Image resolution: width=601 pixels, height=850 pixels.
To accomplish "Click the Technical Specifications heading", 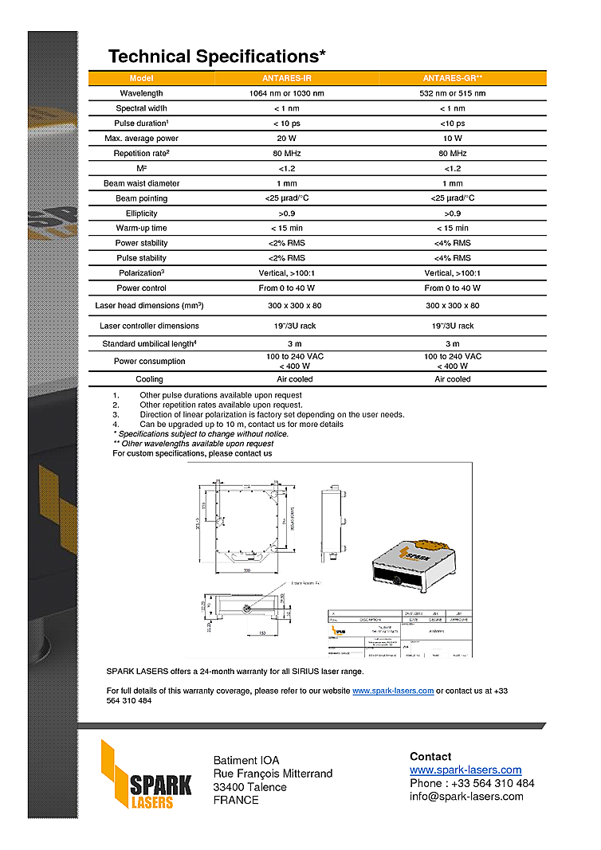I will click(217, 57).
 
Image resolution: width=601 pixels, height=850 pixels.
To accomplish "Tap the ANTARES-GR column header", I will click(452, 78).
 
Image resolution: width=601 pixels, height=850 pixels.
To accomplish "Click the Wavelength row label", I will click(141, 93).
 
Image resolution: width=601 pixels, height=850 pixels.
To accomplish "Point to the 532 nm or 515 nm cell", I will click(452, 93).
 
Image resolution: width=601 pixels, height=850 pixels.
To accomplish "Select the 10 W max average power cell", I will click(452, 139).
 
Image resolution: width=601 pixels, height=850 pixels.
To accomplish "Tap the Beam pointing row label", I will click(141, 198).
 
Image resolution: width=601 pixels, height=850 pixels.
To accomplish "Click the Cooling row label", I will click(149, 379).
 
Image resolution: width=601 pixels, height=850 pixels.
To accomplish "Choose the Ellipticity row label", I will click(141, 213).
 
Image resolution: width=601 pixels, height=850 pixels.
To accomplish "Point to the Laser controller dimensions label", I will click(149, 326).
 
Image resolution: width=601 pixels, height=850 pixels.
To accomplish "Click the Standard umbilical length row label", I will click(149, 344).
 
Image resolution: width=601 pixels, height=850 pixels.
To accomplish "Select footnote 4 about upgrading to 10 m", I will click(241, 425).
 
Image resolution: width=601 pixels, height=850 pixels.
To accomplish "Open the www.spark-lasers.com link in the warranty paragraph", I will click(393, 691).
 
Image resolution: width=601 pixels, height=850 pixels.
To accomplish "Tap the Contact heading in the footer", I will click(430, 756).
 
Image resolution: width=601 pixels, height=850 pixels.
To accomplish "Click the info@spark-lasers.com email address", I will click(466, 796).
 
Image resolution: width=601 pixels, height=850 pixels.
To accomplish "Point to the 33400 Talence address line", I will click(249, 787).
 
